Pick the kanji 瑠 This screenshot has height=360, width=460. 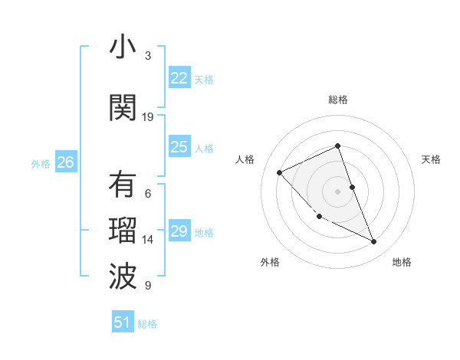click(122, 231)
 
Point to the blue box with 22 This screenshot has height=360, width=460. click(179, 77)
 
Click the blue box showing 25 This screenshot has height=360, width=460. click(179, 147)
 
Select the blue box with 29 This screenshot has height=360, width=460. click(179, 231)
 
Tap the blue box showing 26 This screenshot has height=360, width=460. click(66, 162)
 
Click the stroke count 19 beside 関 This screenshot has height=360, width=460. click(148, 116)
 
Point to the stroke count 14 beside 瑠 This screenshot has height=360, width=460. click(148, 240)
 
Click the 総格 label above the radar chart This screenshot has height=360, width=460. click(338, 100)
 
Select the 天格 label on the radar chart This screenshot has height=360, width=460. click(431, 159)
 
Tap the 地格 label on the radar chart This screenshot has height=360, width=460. click(402, 262)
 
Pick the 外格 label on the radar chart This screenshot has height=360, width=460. click(270, 262)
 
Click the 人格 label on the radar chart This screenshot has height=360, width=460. click(245, 159)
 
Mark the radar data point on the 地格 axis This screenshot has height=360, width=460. click(374, 242)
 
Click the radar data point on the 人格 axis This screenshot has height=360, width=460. click(280, 172)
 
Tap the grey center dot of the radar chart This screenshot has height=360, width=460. click(338, 191)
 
